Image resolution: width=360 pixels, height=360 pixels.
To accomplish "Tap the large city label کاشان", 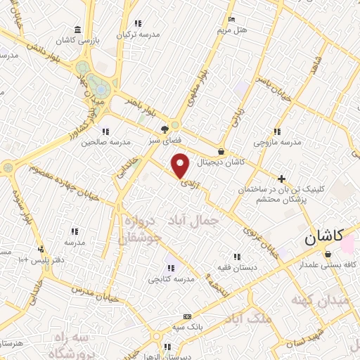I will [x=324, y=239].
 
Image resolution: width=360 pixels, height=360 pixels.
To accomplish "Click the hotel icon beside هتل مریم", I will [x=232, y=20].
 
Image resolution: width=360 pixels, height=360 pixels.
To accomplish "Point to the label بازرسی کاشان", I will [x=77, y=41].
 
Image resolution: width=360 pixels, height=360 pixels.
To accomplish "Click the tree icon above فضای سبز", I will [x=165, y=129].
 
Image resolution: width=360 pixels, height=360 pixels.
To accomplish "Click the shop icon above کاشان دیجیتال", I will [x=221, y=150].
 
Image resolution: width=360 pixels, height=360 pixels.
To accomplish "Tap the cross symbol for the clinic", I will [x=282, y=179].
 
